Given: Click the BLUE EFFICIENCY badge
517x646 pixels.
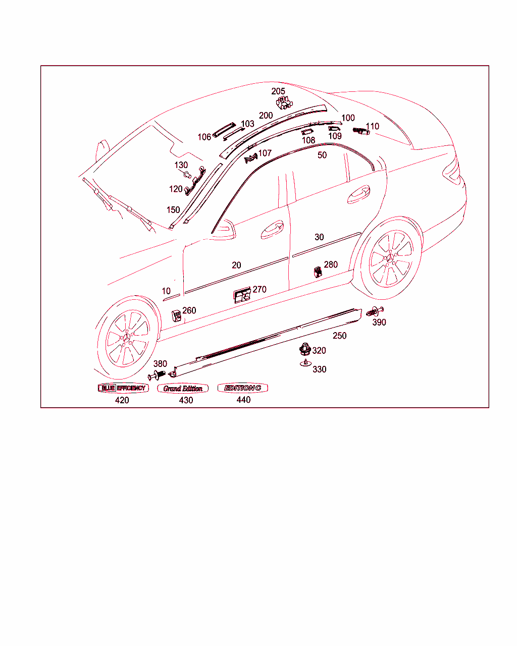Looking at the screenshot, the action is (x=123, y=388).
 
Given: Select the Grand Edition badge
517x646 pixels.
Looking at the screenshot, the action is (x=183, y=388).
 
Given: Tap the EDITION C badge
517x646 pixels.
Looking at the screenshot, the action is (x=243, y=388).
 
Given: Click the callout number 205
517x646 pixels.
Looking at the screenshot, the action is (x=278, y=91).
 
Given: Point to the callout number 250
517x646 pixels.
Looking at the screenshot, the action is (x=339, y=335).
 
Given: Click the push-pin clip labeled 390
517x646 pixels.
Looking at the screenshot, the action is (x=375, y=311).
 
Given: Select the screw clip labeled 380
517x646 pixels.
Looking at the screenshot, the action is (x=157, y=375).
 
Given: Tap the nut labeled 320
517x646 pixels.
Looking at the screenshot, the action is (x=305, y=349).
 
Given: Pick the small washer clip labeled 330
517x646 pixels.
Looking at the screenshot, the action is (x=305, y=363).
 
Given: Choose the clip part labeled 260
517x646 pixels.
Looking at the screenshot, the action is (x=176, y=315).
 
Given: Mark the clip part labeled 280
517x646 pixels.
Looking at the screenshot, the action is (x=318, y=272).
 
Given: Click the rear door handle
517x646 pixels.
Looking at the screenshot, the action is (x=358, y=195).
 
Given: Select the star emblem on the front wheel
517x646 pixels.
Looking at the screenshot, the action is (x=126, y=338).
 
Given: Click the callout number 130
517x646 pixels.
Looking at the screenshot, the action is (x=181, y=165).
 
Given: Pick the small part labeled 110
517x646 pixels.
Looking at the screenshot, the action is (x=361, y=131).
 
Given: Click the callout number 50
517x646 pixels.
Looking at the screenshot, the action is (x=322, y=155).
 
